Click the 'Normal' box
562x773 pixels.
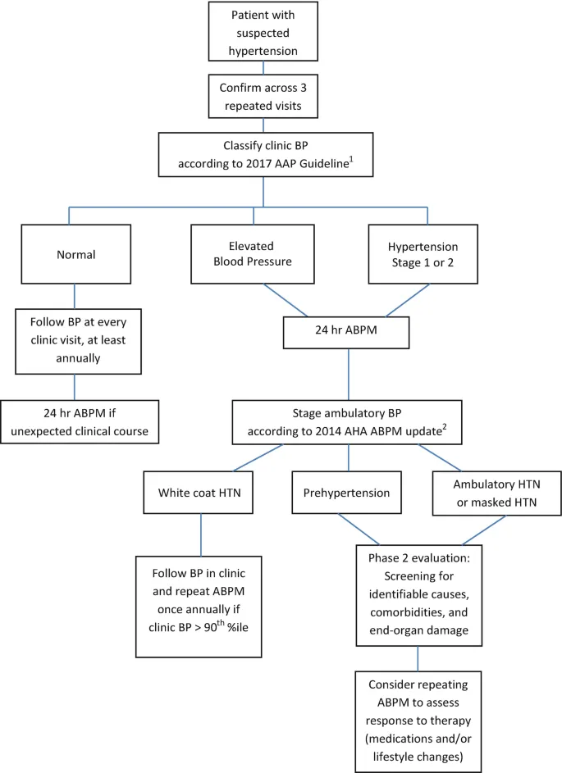[75, 254]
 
